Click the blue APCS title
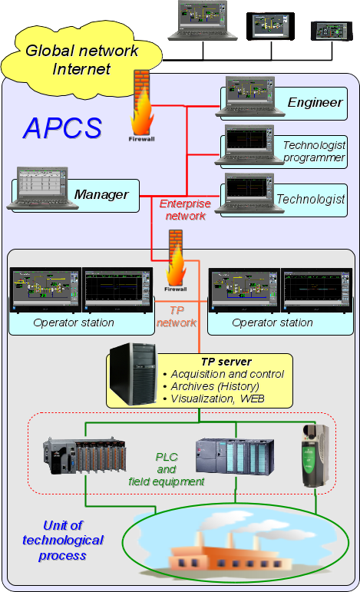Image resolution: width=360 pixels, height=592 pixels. pyautogui.click(x=63, y=128)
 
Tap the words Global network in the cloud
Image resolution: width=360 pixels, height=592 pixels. pyautogui.click(x=82, y=51)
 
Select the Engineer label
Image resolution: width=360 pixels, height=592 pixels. pyautogui.click(x=315, y=102)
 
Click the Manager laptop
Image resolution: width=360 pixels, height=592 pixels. pyautogui.click(x=42, y=188)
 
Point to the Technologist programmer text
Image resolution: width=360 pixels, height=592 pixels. pyautogui.click(x=314, y=151)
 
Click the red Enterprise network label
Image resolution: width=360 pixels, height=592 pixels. pyautogui.click(x=185, y=210)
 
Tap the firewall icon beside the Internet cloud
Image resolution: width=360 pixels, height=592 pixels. pyautogui.click(x=142, y=106)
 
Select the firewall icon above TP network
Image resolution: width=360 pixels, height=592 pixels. pyautogui.click(x=176, y=260)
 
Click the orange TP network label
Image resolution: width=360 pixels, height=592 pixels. pyautogui.click(x=177, y=316)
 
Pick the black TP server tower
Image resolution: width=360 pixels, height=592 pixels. pyautogui.click(x=133, y=374)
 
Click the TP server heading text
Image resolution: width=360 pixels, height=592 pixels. pyautogui.click(x=226, y=362)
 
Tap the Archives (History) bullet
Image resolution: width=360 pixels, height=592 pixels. pyautogui.click(x=211, y=387)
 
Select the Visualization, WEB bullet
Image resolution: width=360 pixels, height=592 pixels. pyautogui.click(x=213, y=399)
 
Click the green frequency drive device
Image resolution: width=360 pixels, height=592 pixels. pyautogui.click(x=315, y=455)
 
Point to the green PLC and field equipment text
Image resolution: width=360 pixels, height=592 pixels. pyautogui.click(x=167, y=469)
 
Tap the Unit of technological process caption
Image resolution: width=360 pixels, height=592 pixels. pyautogui.click(x=63, y=541)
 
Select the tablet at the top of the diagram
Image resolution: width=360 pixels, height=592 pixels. pyautogui.click(x=270, y=26)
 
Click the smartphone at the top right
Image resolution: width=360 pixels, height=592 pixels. pyautogui.click(x=332, y=31)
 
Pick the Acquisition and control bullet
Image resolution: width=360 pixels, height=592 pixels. pyautogui.click(x=223, y=374)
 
